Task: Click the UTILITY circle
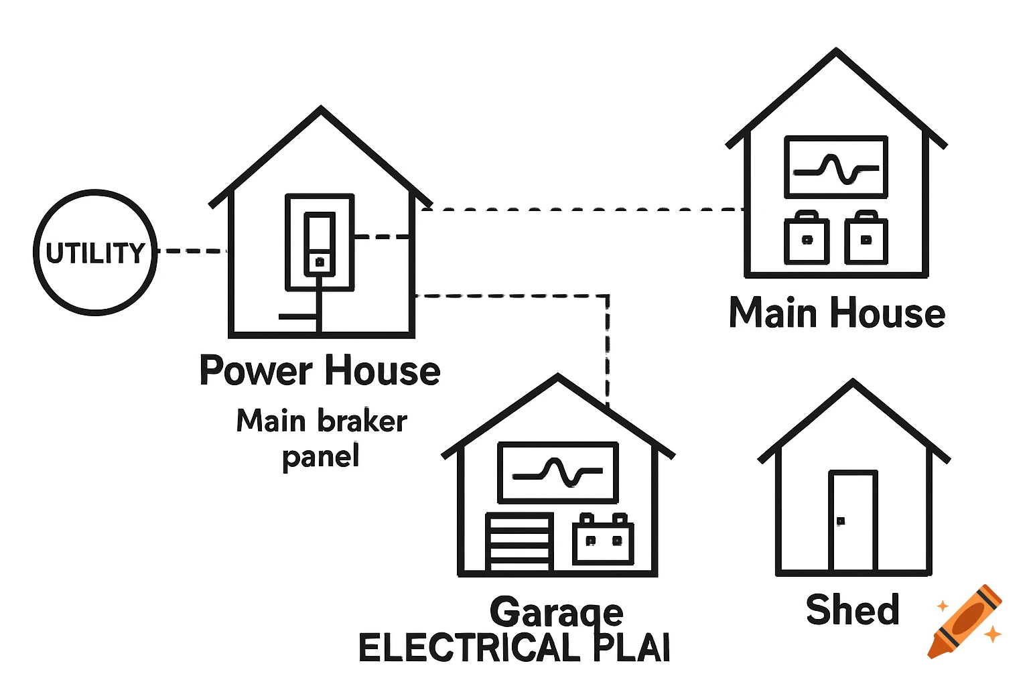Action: pos(95,252)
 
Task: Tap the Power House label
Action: pos(320,370)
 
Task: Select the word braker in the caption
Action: pos(362,421)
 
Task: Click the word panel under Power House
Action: pos(321,457)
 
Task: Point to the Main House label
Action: pos(837,313)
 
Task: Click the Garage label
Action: pos(557,611)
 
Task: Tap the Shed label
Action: pos(852,610)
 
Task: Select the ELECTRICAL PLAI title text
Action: pos(514,648)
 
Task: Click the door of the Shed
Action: pos(853,521)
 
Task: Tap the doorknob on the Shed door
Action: pos(841,521)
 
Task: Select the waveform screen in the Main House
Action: pos(835,167)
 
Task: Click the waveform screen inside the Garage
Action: pos(557,472)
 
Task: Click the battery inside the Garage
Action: pos(603,540)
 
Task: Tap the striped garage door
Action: pos(519,543)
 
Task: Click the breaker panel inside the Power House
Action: pos(320,243)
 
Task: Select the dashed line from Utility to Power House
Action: pos(193,251)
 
